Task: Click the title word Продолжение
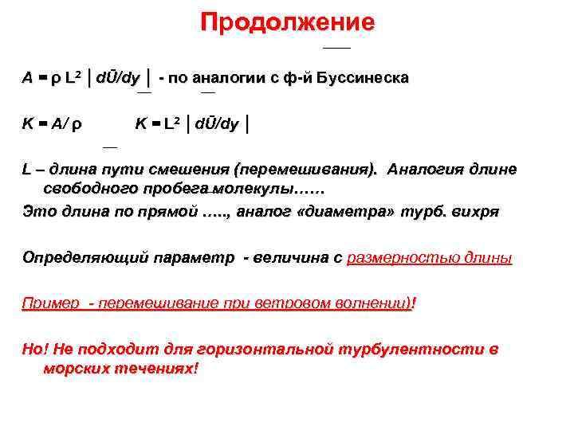point(287,22)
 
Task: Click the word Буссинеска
point(363,79)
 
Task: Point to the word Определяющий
point(72,259)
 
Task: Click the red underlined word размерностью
point(403,259)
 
